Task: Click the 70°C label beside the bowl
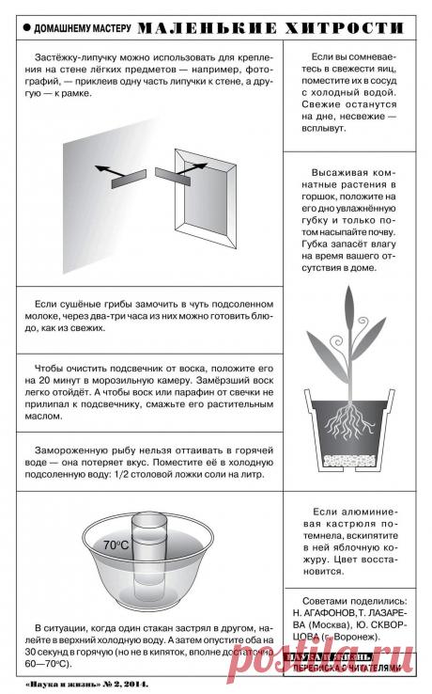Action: tap(116, 544)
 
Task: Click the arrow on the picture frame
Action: tap(196, 166)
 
